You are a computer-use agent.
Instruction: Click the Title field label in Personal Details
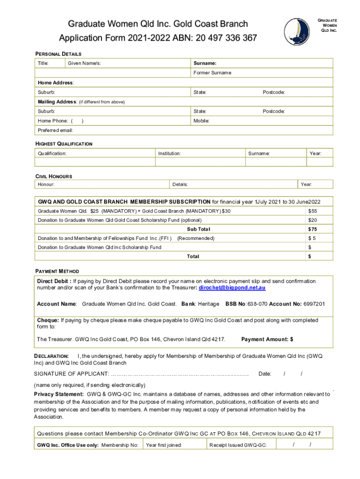tap(44, 63)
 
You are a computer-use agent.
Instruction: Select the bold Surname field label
tap(205, 63)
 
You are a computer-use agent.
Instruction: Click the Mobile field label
tap(202, 121)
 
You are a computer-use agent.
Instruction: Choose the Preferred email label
tap(55, 130)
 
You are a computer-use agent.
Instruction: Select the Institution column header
tap(170, 153)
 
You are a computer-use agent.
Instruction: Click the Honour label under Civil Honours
tap(46, 185)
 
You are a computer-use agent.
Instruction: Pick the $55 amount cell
tap(312, 211)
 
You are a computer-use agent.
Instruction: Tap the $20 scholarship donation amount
tap(312, 220)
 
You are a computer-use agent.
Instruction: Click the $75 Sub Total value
tap(312, 229)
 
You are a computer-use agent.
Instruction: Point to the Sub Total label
tap(199, 229)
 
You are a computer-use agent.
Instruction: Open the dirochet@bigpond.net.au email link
tap(232, 288)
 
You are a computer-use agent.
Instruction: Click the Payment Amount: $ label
tap(267, 339)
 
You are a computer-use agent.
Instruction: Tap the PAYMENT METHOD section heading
tap(58, 271)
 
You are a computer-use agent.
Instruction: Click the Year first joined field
tap(164, 445)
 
